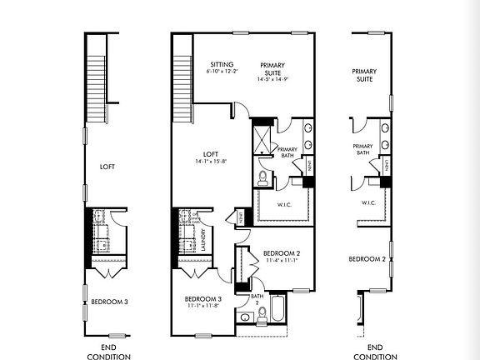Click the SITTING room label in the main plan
point(221,64)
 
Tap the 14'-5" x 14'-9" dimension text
point(272,78)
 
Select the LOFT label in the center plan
point(212,153)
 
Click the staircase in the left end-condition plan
point(98,77)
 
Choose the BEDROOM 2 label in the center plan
point(281,253)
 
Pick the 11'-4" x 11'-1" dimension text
point(281,261)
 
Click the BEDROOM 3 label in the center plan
point(202,298)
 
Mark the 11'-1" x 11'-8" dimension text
point(202,306)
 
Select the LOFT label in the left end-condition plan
point(107,167)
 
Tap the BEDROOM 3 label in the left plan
point(109,302)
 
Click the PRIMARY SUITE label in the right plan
point(363,75)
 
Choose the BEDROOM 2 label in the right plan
point(367,259)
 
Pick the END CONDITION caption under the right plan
point(375,352)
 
